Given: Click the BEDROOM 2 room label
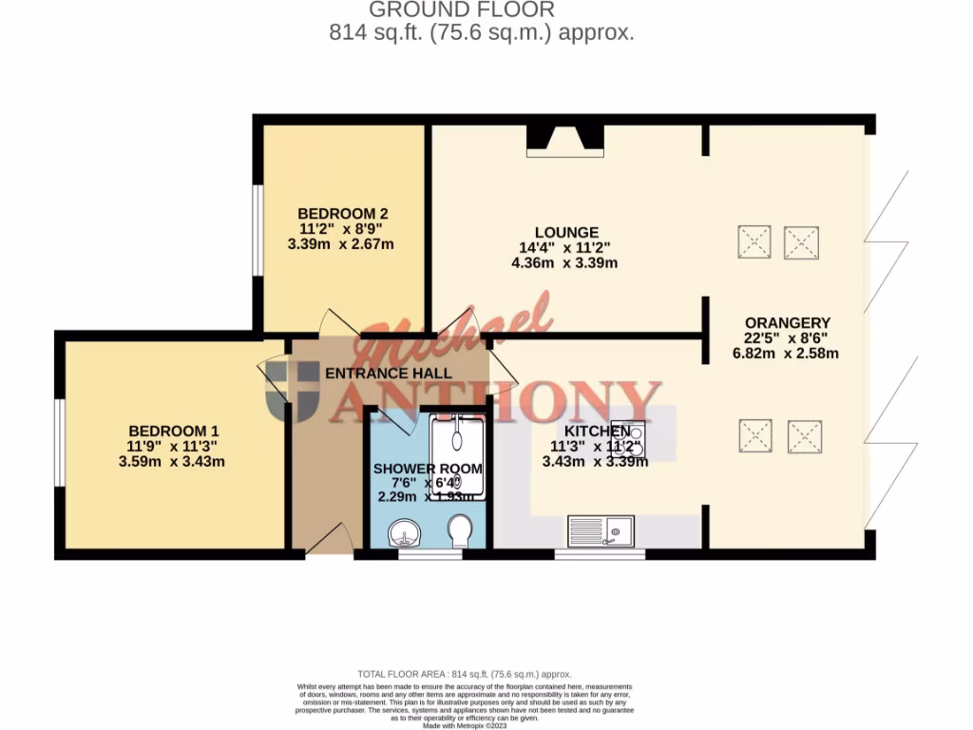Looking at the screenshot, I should (x=342, y=213).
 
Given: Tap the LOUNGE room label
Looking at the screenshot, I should (x=565, y=232).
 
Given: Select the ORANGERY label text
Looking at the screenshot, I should (x=788, y=322).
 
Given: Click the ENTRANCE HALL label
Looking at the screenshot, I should (x=388, y=374).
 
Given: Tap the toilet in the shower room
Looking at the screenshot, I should (x=460, y=530).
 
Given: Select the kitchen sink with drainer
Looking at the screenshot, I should (x=602, y=529).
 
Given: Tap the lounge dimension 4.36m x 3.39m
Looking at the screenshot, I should (x=565, y=262).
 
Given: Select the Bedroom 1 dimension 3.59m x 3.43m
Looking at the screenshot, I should (x=172, y=462).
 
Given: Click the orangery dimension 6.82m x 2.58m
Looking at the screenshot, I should (x=788, y=354).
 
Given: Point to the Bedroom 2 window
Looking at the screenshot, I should (x=257, y=228).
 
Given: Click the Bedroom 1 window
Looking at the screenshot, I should (x=59, y=442).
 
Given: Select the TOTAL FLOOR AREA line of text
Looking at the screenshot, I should (x=464, y=673).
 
